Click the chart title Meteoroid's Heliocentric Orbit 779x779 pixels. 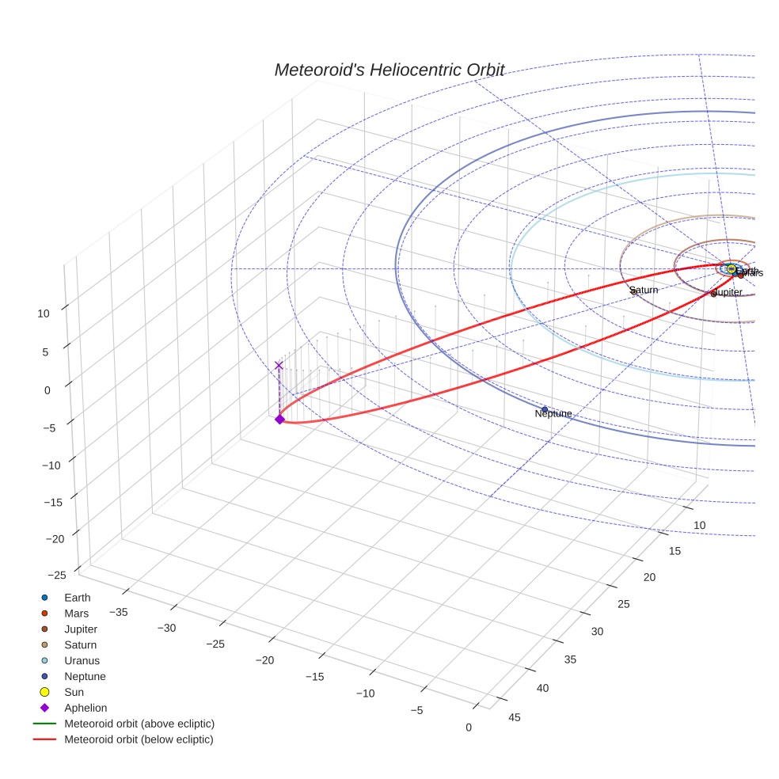pos(389,70)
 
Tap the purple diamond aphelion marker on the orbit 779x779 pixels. pos(279,420)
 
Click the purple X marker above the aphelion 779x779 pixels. pos(279,365)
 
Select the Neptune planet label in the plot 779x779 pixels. pos(553,414)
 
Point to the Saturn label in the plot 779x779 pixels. pos(644,291)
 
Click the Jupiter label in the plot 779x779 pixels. pos(728,293)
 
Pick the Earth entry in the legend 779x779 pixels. pos(77,598)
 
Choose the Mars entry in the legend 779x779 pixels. pos(76,614)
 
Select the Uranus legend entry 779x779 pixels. pos(82,660)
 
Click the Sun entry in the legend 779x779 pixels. pos(74,692)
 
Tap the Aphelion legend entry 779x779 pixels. pos(85,708)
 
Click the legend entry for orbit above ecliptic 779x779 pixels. pos(139,724)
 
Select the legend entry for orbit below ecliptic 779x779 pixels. pos(139,739)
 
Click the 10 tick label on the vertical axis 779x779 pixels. pos(44,313)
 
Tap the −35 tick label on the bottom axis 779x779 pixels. pos(120,611)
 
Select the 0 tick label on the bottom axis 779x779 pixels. pos(469,728)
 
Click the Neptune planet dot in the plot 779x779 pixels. pos(545,409)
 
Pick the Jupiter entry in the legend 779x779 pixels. pos(81,629)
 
